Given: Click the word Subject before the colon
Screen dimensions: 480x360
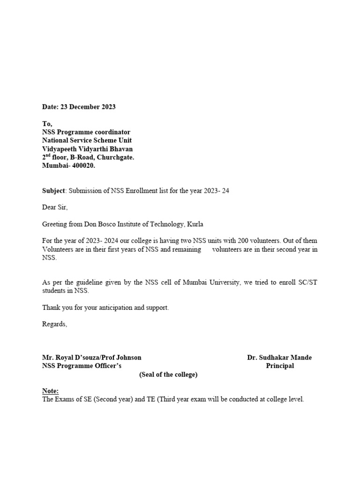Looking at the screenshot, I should (54, 190).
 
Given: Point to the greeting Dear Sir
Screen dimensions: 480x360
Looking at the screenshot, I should (55, 207).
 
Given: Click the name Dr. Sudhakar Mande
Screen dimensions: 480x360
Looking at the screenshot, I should (279, 357).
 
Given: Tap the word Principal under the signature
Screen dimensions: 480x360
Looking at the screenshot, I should (280, 366).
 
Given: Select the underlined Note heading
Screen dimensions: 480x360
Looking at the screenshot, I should (51, 391).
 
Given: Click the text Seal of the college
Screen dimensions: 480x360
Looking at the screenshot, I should (168, 375).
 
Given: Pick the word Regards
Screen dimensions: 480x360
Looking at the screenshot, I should (54, 324).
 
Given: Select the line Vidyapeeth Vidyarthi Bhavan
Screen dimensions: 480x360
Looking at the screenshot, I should (88, 149).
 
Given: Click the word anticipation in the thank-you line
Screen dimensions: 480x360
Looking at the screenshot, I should (116, 307).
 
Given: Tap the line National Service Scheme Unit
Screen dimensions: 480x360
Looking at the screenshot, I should (87, 141).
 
